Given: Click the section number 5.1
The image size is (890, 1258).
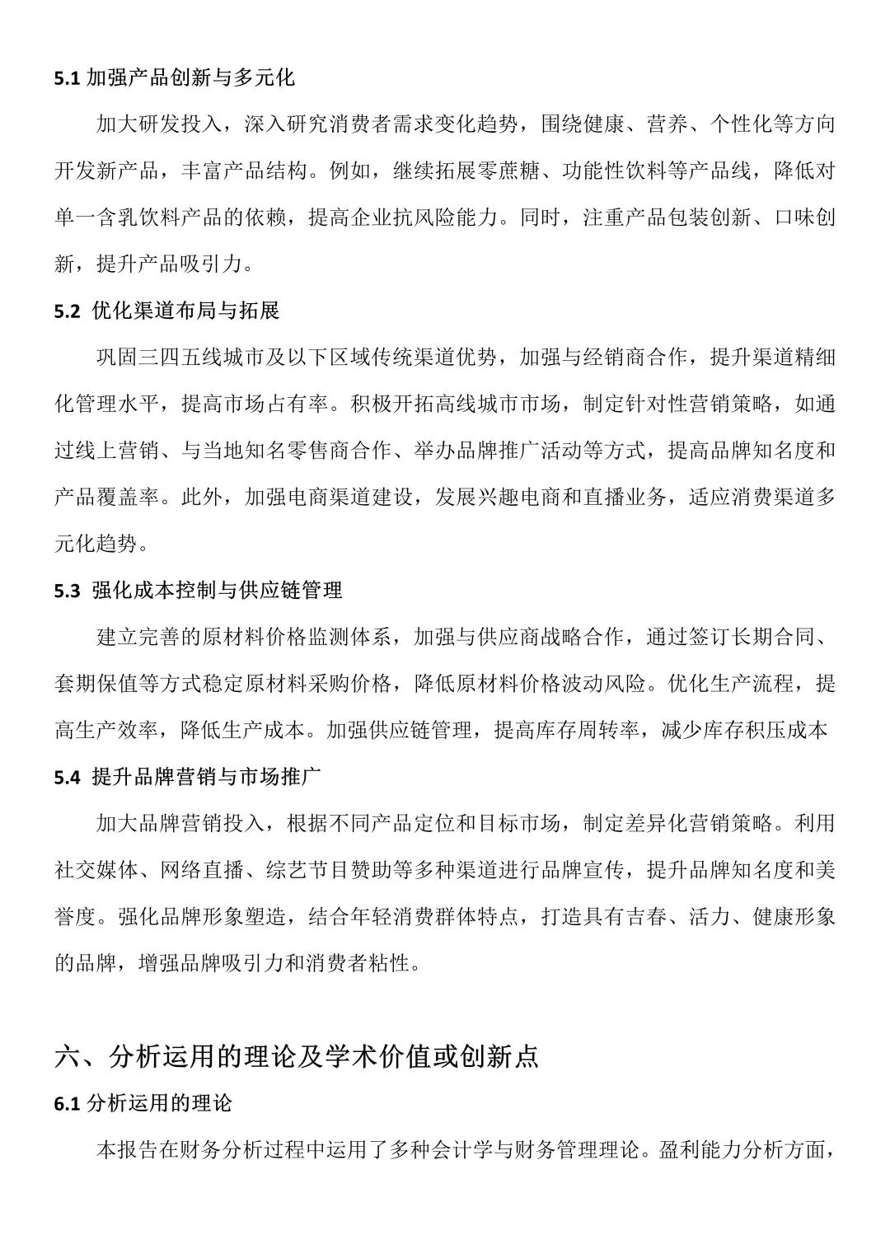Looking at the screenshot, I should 67,79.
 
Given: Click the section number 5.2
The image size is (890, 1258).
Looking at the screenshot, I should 67,311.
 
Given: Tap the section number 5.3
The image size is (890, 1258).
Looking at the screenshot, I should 67,590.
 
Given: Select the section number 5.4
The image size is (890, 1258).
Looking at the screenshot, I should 67,777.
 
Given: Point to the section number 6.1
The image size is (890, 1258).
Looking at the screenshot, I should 67,1104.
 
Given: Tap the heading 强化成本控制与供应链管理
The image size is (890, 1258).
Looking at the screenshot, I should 218,590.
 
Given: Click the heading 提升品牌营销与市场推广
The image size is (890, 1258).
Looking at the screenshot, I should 207,777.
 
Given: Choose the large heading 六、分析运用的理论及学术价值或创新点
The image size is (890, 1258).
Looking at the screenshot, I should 297,1057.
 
